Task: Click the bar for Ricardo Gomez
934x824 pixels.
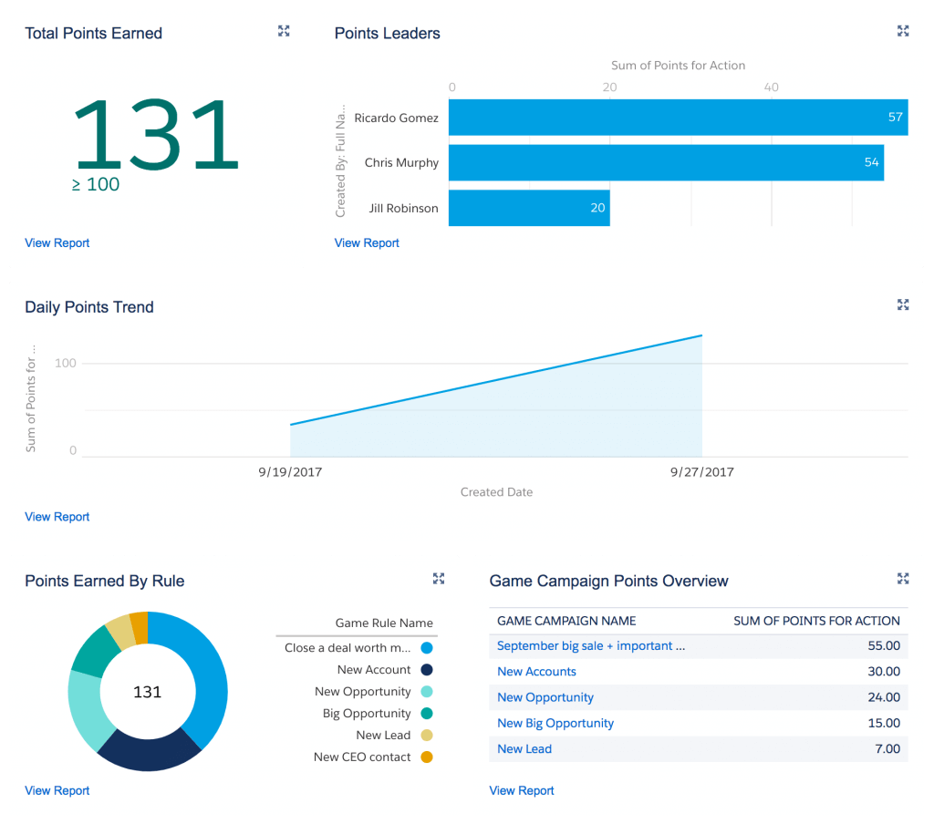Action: (x=677, y=118)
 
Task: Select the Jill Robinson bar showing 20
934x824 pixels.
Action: (x=529, y=208)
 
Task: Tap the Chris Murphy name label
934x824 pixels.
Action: (x=401, y=163)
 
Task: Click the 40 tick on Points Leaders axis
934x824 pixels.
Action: (x=772, y=87)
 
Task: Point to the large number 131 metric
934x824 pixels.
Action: (x=155, y=137)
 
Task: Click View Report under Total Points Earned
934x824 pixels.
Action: (x=57, y=243)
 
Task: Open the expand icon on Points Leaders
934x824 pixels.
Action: (x=903, y=31)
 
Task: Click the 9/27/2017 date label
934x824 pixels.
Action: (x=701, y=472)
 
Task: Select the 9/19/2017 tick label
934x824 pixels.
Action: (x=290, y=472)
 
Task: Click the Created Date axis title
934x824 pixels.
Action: (x=496, y=492)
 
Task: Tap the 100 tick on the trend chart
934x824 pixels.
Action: (x=66, y=364)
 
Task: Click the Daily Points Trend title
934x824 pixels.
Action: (x=89, y=307)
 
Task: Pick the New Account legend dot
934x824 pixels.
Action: (x=427, y=670)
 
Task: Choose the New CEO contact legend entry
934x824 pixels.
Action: (x=363, y=757)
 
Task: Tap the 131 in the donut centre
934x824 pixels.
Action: (x=147, y=692)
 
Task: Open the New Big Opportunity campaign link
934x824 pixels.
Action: (x=555, y=724)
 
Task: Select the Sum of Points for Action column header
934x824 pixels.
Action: (x=816, y=621)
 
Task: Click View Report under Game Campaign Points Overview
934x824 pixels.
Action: (x=522, y=791)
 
